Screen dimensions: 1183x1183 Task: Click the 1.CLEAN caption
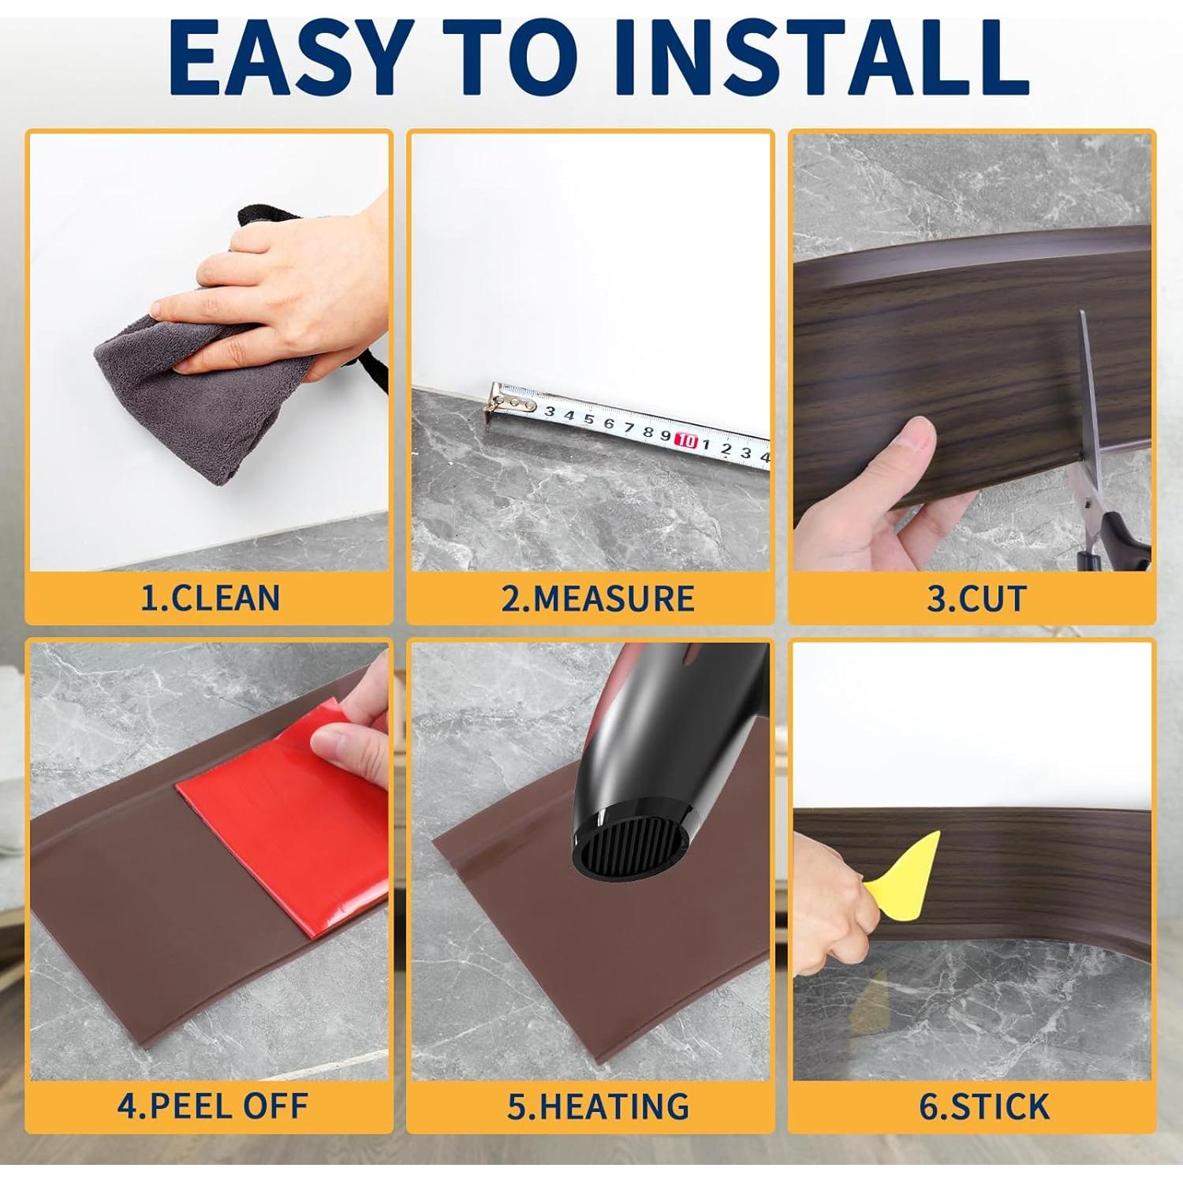(210, 598)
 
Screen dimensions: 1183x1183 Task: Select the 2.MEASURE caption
(597, 599)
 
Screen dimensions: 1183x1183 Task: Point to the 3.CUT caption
(976, 599)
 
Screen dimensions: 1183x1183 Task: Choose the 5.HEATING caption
(597, 1106)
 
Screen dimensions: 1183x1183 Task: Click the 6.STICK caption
(983, 1106)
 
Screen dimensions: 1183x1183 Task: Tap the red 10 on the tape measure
(685, 440)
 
